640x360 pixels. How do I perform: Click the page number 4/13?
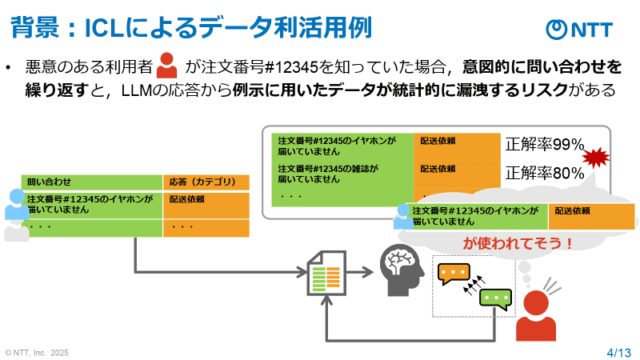pyautogui.click(x=618, y=351)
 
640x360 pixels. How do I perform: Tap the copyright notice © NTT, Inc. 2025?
pyautogui.click(x=37, y=351)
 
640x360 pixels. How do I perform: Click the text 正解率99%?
pyautogui.click(x=545, y=145)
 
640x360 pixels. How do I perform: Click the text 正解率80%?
pyautogui.click(x=545, y=172)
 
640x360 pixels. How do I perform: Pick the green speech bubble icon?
pyautogui.click(x=494, y=299)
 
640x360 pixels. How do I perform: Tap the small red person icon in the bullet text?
pyautogui.click(x=167, y=66)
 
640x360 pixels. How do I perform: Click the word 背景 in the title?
pyautogui.click(x=31, y=28)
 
